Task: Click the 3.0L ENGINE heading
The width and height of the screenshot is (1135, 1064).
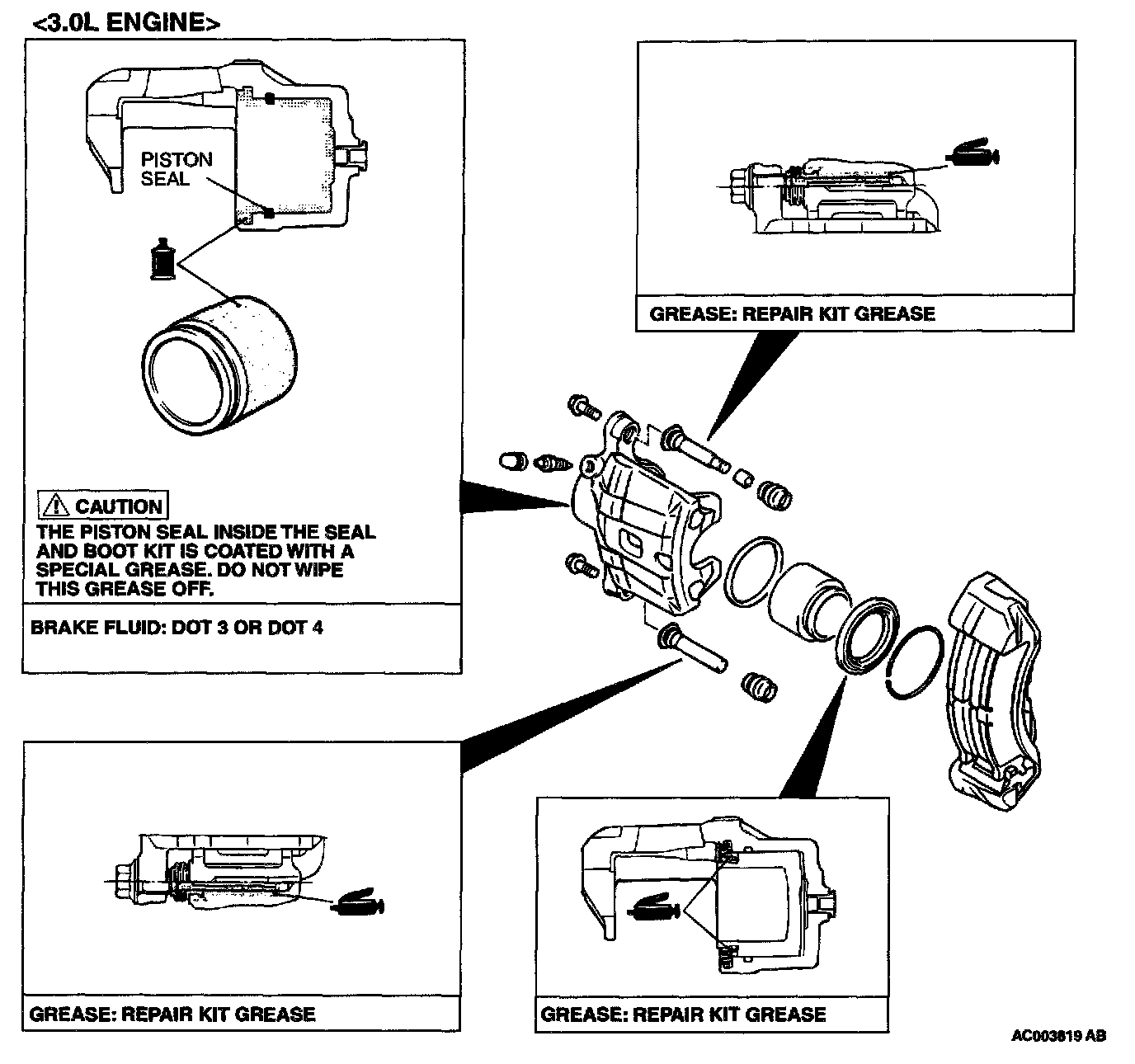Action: tap(125, 21)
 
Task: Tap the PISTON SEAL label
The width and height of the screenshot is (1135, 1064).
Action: tap(176, 169)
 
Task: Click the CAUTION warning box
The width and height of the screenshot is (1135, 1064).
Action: tap(103, 505)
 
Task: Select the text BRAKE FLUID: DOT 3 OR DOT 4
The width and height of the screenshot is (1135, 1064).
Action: tap(177, 628)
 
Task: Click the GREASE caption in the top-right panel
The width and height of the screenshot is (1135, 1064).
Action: tap(793, 314)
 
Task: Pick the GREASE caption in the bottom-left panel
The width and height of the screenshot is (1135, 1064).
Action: tap(172, 1014)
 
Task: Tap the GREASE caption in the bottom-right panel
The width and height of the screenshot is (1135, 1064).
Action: tap(683, 1014)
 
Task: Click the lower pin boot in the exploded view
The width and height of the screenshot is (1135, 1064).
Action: tap(758, 686)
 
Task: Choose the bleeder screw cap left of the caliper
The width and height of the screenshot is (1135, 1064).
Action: tap(511, 460)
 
